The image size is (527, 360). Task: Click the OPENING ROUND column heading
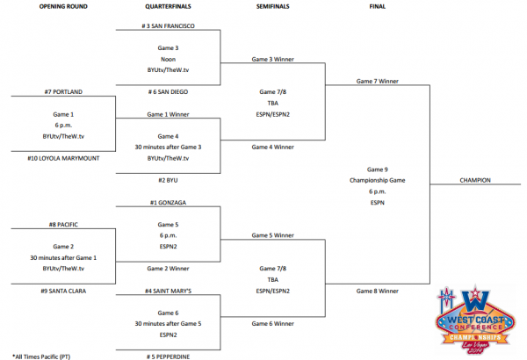point(63,6)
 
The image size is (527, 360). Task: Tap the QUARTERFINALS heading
point(168,6)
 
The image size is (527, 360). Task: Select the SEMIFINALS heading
point(272,6)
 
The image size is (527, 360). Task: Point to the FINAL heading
point(378,6)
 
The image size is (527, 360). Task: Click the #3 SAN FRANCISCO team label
point(168,25)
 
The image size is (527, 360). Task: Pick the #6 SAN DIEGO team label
point(168,92)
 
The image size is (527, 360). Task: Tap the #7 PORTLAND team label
point(63,92)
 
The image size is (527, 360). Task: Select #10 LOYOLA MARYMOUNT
point(63,158)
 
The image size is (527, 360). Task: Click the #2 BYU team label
point(168,180)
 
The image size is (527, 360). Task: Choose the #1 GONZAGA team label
point(168,202)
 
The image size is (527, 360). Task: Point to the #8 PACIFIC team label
point(63,225)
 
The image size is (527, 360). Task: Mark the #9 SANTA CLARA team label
point(63,292)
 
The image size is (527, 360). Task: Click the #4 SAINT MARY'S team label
point(168,292)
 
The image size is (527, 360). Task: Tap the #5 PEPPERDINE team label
point(168,356)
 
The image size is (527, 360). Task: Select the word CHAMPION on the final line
point(475,180)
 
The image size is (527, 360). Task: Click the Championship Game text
point(377,180)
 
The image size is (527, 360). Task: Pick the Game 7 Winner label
point(378,81)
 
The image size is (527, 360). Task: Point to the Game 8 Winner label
point(378,292)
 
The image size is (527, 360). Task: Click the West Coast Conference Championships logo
point(475,320)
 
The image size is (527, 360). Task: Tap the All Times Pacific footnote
point(41,356)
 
